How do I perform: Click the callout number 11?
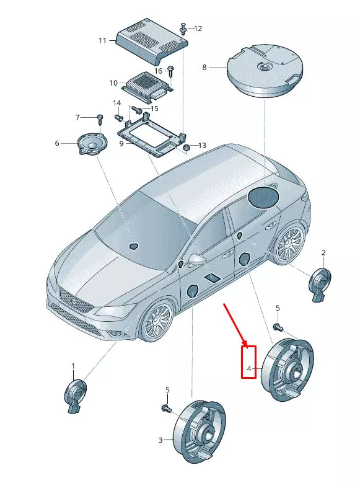pos(103,40)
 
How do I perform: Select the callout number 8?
pos(204,66)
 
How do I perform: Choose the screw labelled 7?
pos(99,118)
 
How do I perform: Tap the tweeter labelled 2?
pos(320,284)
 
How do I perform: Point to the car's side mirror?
pos(197,258)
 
